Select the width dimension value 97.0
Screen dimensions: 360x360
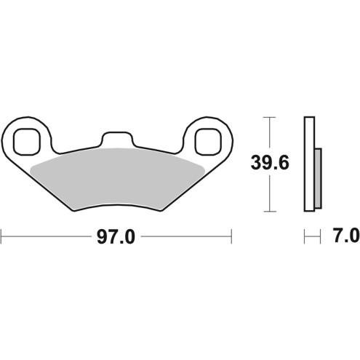pos(117,237)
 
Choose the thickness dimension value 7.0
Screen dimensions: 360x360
pos(344,236)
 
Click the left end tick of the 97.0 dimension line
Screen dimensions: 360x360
pos(2,236)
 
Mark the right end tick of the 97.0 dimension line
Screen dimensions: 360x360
pos(231,236)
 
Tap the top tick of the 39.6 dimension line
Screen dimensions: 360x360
pos(270,116)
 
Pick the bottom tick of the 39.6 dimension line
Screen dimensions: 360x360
pos(270,211)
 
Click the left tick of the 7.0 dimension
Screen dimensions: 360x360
pos(305,236)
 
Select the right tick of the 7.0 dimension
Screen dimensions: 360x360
pos(321,236)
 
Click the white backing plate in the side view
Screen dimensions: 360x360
pos(309,164)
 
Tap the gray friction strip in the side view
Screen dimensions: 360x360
pos(318,177)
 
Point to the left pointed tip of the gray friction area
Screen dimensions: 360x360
pos(34,169)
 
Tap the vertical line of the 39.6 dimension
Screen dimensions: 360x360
pos(270,189)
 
